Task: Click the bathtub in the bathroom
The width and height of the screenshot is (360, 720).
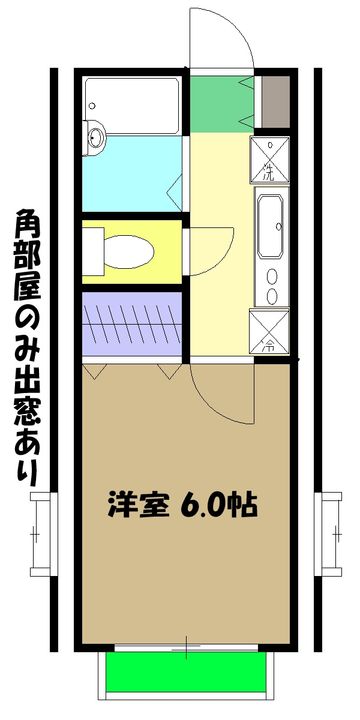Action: pyautogui.click(x=132, y=103)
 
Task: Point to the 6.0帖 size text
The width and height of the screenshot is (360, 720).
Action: pyautogui.click(x=219, y=504)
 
